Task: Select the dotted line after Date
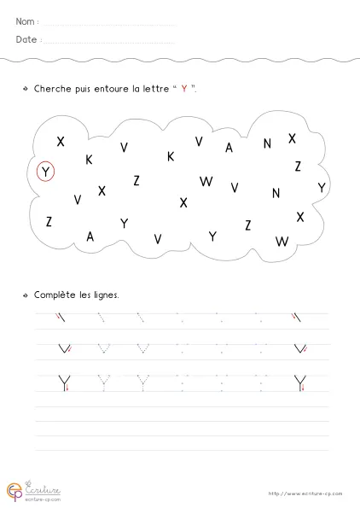tap(109, 42)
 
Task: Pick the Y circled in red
tap(47, 172)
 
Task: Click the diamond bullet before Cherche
tap(26, 89)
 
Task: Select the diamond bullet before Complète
tap(26, 295)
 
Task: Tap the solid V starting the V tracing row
tap(61, 348)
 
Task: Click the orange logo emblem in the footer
tap(15, 490)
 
